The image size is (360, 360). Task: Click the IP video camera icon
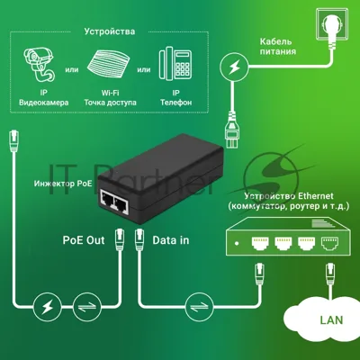pyautogui.click(x=39, y=65)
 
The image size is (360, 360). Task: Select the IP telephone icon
pyautogui.click(x=175, y=65)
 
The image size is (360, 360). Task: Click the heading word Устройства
pyautogui.click(x=109, y=31)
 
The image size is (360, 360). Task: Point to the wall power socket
pyautogui.click(x=332, y=25)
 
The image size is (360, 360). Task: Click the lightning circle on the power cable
pyautogui.click(x=234, y=67)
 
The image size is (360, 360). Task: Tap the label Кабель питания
pyautogui.click(x=278, y=47)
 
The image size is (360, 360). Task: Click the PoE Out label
pyautogui.click(x=84, y=240)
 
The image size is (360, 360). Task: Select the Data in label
pyautogui.click(x=171, y=240)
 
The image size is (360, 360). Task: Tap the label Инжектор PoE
pyautogui.click(x=63, y=184)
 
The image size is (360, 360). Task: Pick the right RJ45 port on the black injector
pyautogui.click(x=121, y=205)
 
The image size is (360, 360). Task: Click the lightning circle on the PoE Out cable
pyautogui.click(x=47, y=306)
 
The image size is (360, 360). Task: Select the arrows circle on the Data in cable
pyautogui.click(x=199, y=306)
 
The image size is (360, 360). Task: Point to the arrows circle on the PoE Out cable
pyautogui.click(x=87, y=306)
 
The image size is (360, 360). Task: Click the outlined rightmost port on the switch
pyautogui.click(x=329, y=243)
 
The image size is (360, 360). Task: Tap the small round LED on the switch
pyautogui.click(x=237, y=243)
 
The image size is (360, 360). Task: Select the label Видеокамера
pyautogui.click(x=44, y=103)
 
